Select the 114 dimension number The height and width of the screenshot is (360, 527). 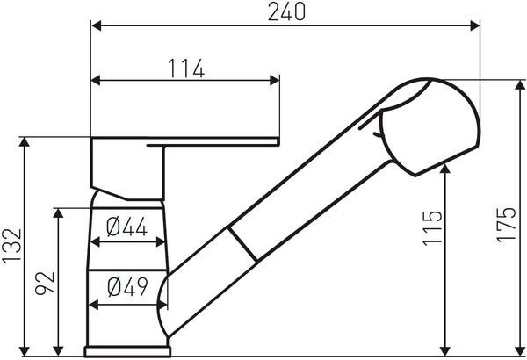point(186,68)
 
